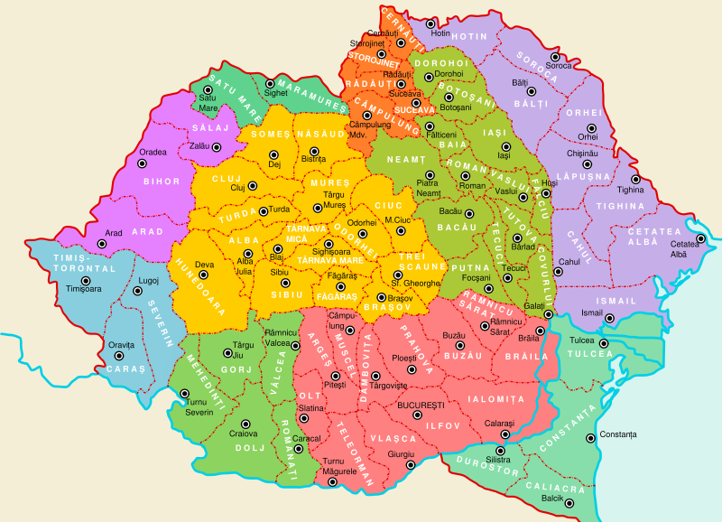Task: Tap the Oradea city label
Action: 153,152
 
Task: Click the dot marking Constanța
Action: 589,439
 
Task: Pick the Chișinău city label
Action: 583,154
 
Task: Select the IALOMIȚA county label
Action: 495,398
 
